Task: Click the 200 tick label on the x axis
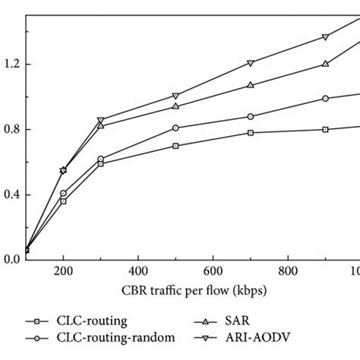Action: click(63, 273)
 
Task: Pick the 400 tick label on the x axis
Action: click(137, 273)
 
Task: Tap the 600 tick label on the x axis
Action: click(213, 273)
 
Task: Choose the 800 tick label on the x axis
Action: click(288, 273)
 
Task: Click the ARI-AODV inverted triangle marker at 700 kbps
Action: click(251, 63)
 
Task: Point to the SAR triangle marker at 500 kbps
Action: click(175, 106)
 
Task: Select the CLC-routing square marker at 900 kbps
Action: click(325, 129)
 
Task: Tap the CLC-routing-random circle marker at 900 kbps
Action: click(325, 98)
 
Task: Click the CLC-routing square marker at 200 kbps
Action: click(63, 201)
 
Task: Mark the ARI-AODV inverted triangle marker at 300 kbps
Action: click(100, 120)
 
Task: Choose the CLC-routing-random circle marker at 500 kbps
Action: click(175, 128)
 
